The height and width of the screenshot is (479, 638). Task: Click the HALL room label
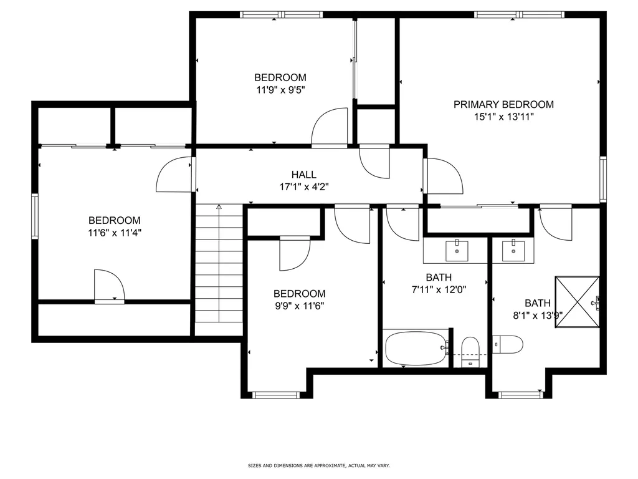[303, 175]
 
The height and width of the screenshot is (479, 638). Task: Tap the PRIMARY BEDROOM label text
[503, 104]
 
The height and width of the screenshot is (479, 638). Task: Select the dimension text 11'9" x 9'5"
[280, 90]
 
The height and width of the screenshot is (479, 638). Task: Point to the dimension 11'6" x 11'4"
[115, 233]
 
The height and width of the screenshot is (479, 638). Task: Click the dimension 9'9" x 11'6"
[299, 306]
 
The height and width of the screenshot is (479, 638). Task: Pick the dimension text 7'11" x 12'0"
[439, 289]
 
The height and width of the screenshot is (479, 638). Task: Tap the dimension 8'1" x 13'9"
[538, 315]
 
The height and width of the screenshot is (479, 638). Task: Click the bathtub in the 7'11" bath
[416, 348]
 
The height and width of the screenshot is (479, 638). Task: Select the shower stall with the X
[577, 302]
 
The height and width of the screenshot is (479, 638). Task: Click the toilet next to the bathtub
[470, 352]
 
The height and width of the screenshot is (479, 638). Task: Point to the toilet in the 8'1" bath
[507, 344]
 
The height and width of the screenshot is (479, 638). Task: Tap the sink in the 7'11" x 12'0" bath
[457, 251]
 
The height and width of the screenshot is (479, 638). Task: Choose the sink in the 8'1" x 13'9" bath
[513, 251]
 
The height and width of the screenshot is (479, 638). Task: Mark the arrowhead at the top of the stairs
[219, 206]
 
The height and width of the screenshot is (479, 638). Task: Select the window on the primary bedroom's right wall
[603, 179]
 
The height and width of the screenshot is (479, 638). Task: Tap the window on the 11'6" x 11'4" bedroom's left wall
[35, 216]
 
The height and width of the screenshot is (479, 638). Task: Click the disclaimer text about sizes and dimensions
[319, 465]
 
